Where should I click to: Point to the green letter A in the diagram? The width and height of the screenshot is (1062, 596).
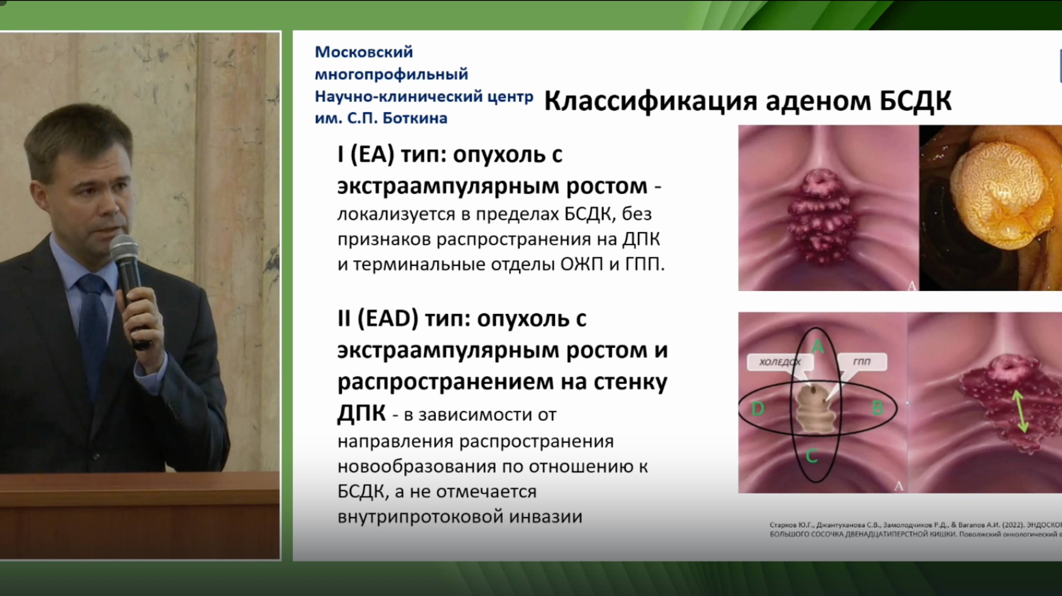[817, 347]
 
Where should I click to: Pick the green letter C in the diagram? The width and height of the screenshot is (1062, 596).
[812, 456]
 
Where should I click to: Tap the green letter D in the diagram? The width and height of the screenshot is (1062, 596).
[758, 409]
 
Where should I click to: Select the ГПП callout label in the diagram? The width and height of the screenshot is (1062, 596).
[862, 362]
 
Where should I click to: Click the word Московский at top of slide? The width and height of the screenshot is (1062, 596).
[364, 52]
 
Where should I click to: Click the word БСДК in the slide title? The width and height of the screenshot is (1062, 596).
[915, 101]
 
